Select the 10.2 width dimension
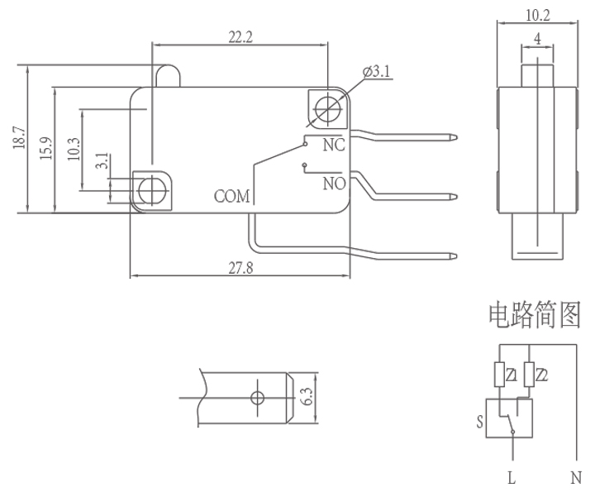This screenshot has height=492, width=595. (537, 14)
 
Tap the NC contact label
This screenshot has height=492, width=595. (333, 146)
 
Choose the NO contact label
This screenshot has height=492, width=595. (333, 183)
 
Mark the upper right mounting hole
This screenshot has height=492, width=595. (328, 107)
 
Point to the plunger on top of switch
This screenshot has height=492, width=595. (168, 76)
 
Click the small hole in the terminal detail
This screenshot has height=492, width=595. (257, 399)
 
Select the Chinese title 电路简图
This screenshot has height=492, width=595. (534, 316)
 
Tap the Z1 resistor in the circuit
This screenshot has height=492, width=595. (502, 375)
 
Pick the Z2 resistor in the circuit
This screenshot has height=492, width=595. (529, 375)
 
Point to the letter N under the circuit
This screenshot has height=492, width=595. (576, 478)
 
